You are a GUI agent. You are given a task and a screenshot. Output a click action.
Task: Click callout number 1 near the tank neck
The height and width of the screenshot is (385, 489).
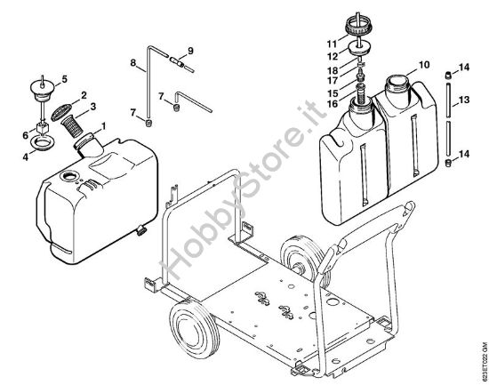tap(106, 125)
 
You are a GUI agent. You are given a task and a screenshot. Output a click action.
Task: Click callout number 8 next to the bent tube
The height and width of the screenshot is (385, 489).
tap(132, 63)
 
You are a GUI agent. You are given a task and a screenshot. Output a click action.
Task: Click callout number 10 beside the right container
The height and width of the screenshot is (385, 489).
tap(424, 64)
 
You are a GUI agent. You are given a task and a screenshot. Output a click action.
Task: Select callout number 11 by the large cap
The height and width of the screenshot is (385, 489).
tap(331, 43)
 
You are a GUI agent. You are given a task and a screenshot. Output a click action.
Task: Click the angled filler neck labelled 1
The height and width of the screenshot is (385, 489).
tap(89, 141)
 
